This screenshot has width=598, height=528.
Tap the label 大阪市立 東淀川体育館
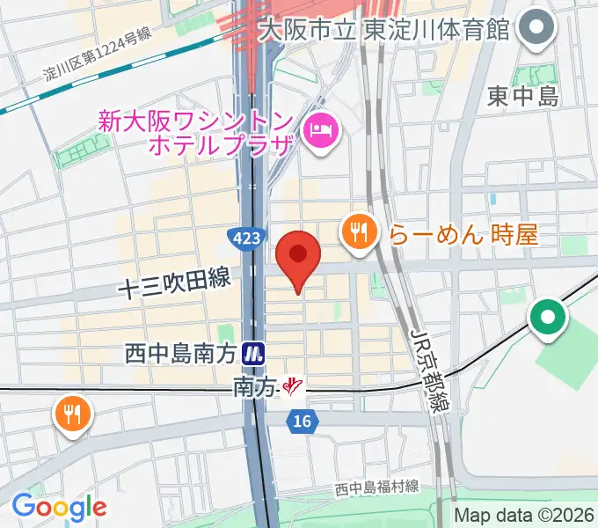385,29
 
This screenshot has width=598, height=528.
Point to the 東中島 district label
523,96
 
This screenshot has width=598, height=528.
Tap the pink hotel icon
318,131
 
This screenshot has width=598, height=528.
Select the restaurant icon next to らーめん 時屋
358,232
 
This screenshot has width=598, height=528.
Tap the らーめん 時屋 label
463,234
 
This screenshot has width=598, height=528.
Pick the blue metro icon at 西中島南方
254,354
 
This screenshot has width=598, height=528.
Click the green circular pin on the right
547,318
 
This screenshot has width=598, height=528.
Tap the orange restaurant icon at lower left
71,411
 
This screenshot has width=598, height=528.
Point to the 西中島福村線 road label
376,488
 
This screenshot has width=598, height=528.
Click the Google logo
59,506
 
